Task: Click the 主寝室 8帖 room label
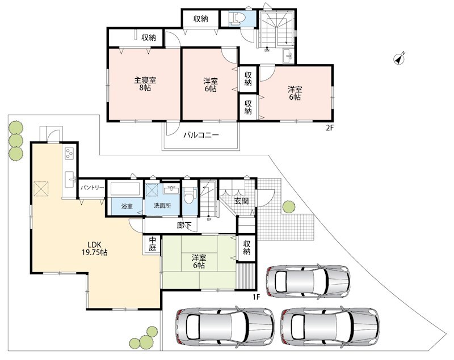[145, 83]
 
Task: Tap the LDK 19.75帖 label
[94, 248]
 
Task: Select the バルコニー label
[201, 135]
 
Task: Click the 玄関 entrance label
[241, 201]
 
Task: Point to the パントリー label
[92, 188]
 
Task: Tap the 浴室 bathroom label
[127, 206]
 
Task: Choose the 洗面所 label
[162, 206]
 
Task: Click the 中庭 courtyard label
[152, 244]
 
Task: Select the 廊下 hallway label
[184, 225]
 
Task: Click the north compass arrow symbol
[400, 59]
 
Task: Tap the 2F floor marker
[329, 128]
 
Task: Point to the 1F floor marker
[256, 296]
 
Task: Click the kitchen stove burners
[69, 153]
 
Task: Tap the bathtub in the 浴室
[125, 189]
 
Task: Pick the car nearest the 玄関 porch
[308, 282]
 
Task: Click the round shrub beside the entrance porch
[289, 206]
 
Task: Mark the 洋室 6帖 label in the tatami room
[199, 261]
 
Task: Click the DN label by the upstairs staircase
[267, 50]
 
